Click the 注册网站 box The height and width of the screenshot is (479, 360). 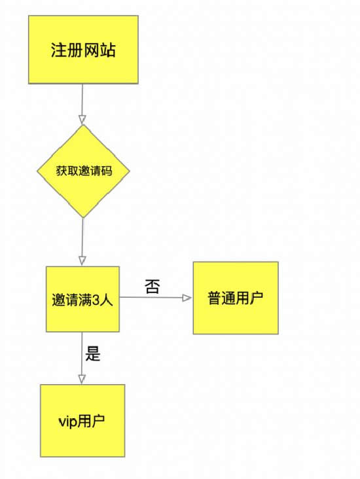[x=83, y=50]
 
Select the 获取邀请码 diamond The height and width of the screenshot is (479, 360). [x=83, y=171]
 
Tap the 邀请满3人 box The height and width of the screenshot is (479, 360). [x=82, y=299]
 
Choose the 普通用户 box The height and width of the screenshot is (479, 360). [x=236, y=298]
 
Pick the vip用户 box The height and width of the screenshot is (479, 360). [x=82, y=421]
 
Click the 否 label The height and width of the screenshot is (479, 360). [x=153, y=287]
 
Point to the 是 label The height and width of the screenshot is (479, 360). [x=92, y=353]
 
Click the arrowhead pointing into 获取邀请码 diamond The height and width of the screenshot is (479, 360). [x=82, y=120]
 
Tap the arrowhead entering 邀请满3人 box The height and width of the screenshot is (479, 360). [x=82, y=261]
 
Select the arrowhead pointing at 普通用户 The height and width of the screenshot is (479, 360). [x=187, y=298]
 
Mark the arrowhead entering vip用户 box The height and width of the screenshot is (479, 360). [x=82, y=380]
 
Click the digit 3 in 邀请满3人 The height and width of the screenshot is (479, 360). [x=96, y=300]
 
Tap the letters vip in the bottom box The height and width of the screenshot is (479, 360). [x=67, y=422]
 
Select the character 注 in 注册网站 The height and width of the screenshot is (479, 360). [x=59, y=50]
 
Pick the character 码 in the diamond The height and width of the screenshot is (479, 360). [x=107, y=171]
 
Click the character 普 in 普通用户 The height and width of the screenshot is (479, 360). [x=215, y=298]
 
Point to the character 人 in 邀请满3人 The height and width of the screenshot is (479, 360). [x=106, y=300]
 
